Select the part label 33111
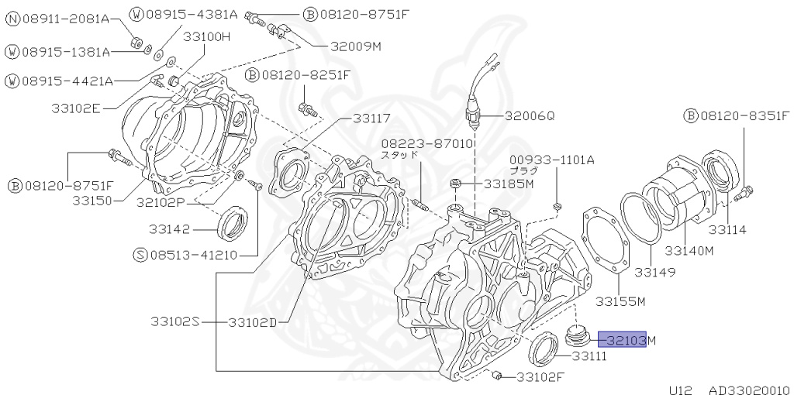(589, 356)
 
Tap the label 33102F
(540, 378)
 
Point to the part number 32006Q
(530, 116)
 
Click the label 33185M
(509, 184)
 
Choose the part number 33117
(371, 118)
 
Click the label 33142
(171, 228)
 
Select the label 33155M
(620, 301)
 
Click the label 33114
(727, 230)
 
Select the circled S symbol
(140, 255)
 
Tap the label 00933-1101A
(551, 160)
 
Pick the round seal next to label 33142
(232, 224)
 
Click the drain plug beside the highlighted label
(578, 336)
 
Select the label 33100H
(207, 36)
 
